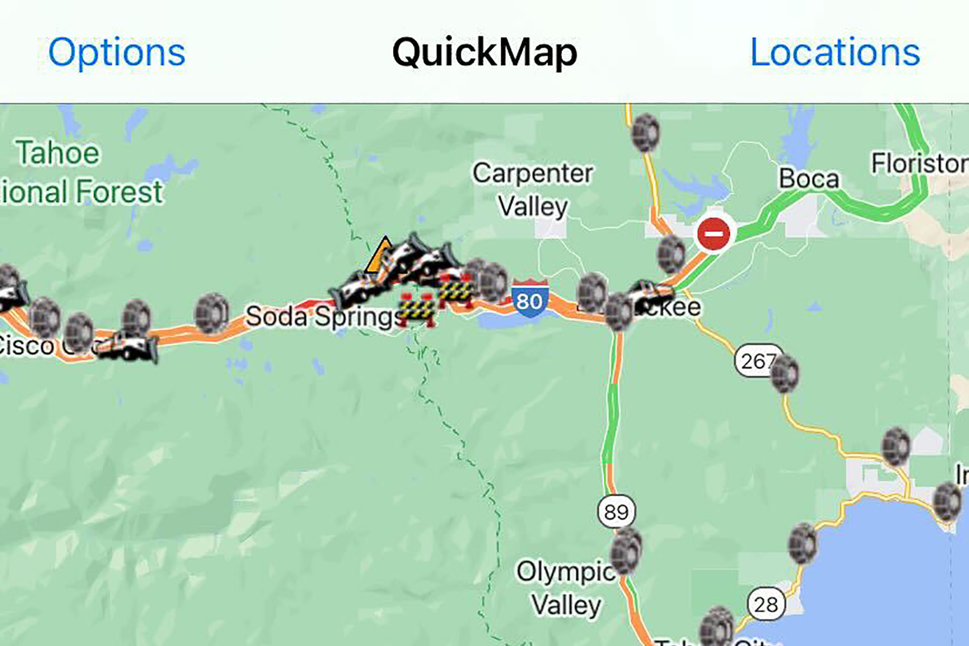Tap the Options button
(x=117, y=52)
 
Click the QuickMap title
(x=484, y=52)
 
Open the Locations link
(x=835, y=52)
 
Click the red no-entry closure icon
(x=713, y=234)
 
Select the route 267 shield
(x=756, y=360)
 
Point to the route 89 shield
(x=616, y=512)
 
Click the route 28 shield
(x=766, y=604)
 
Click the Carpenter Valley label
(x=532, y=190)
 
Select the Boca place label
(x=809, y=179)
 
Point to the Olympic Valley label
(x=565, y=588)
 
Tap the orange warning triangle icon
(x=380, y=257)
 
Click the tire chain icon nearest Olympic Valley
(x=626, y=550)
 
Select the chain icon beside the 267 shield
(x=785, y=373)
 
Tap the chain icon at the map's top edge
(x=645, y=132)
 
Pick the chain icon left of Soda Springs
(x=212, y=313)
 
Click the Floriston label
(x=919, y=163)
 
